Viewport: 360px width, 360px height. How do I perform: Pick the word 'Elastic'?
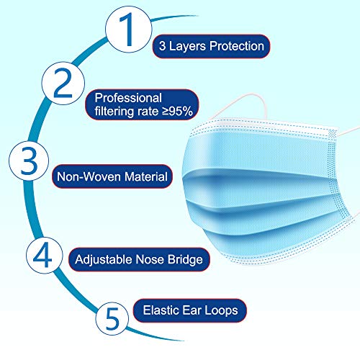[158, 312]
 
